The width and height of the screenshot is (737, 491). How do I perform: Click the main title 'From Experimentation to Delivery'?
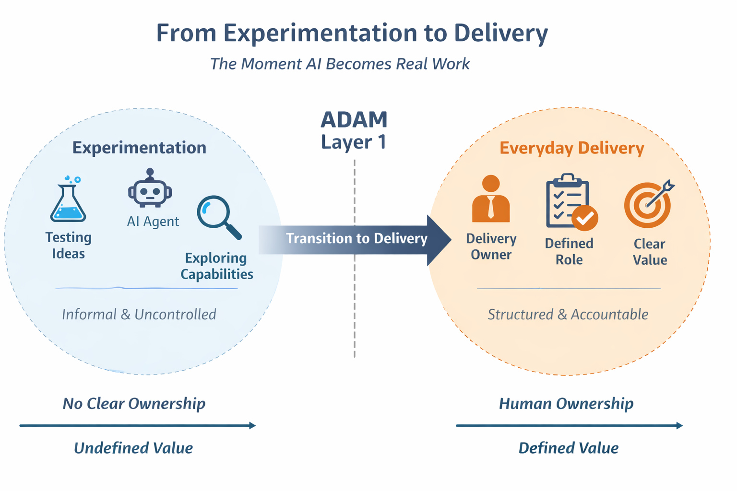pyautogui.click(x=352, y=33)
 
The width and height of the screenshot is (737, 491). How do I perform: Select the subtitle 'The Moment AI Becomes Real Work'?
pyautogui.click(x=340, y=64)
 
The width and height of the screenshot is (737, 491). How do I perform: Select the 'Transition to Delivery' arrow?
pyautogui.click(x=355, y=239)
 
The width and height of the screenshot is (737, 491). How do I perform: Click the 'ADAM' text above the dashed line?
pyautogui.click(x=354, y=120)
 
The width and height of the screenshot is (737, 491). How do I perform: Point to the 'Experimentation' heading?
pyautogui.click(x=139, y=148)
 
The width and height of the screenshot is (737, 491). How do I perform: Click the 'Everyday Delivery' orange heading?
pyautogui.click(x=571, y=148)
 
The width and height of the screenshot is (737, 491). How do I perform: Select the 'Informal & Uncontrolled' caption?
pyautogui.click(x=139, y=315)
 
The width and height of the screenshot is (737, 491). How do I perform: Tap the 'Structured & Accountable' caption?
pyautogui.click(x=568, y=315)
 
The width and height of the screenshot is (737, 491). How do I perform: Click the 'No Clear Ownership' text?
pyautogui.click(x=134, y=403)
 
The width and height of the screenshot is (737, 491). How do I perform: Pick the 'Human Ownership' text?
pyautogui.click(x=566, y=403)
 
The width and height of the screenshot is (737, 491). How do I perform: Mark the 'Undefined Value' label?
pyautogui.click(x=133, y=448)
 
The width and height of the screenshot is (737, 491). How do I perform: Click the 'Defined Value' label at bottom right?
pyautogui.click(x=568, y=448)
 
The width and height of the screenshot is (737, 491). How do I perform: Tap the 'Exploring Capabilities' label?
pyautogui.click(x=216, y=266)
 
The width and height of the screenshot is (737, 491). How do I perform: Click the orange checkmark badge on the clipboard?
pyautogui.click(x=584, y=218)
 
